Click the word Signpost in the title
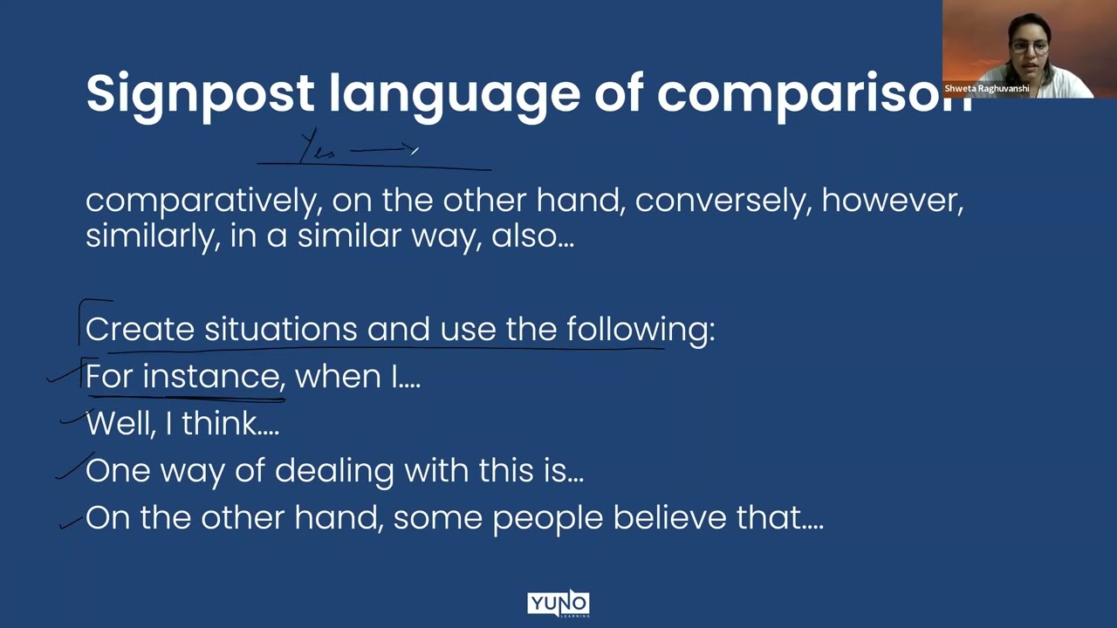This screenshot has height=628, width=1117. tap(200, 93)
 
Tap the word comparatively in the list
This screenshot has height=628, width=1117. tap(200, 201)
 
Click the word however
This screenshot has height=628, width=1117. tap(892, 201)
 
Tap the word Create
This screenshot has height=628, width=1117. tap(140, 330)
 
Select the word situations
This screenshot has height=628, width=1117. tap(280, 330)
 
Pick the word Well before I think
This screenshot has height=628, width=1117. tap(120, 424)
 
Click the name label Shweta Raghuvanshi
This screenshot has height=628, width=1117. tap(986, 89)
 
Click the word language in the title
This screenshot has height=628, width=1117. tap(454, 93)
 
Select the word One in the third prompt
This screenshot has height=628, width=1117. tap(117, 471)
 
